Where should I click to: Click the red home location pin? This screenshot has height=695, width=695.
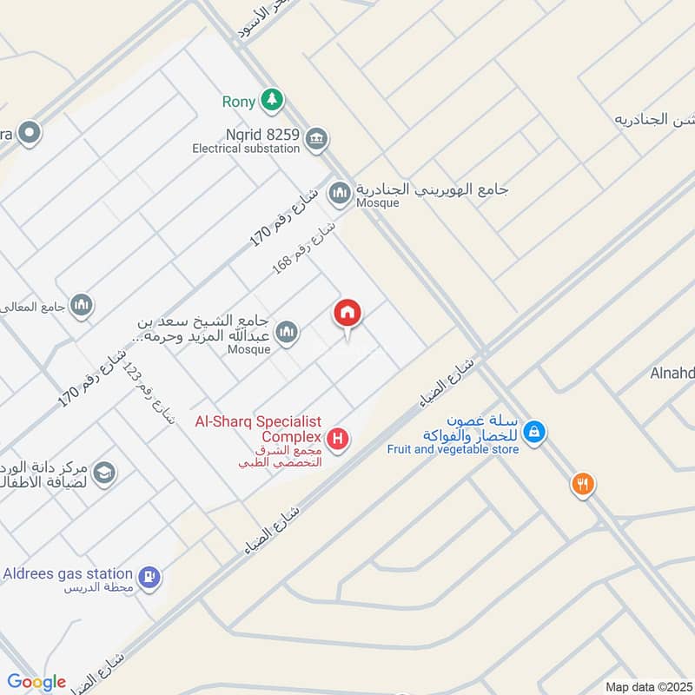click(347, 314)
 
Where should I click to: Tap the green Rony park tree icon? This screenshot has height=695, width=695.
click(274, 101)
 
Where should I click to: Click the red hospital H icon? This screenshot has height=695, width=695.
click(339, 440)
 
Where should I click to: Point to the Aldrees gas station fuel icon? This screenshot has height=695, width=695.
click(149, 576)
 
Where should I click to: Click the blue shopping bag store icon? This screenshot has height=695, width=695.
click(535, 430)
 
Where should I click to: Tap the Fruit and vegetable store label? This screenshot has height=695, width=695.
click(453, 449)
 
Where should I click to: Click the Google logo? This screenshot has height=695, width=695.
click(36, 682)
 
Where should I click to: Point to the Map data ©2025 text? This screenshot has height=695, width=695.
click(646, 686)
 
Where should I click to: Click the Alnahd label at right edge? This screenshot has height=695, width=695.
click(672, 374)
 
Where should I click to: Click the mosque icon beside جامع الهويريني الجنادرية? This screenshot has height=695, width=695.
click(340, 193)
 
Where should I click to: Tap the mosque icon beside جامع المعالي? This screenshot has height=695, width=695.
click(82, 304)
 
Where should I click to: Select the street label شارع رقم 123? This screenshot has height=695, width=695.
click(149, 394)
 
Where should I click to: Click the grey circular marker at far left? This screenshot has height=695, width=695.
click(30, 133)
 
